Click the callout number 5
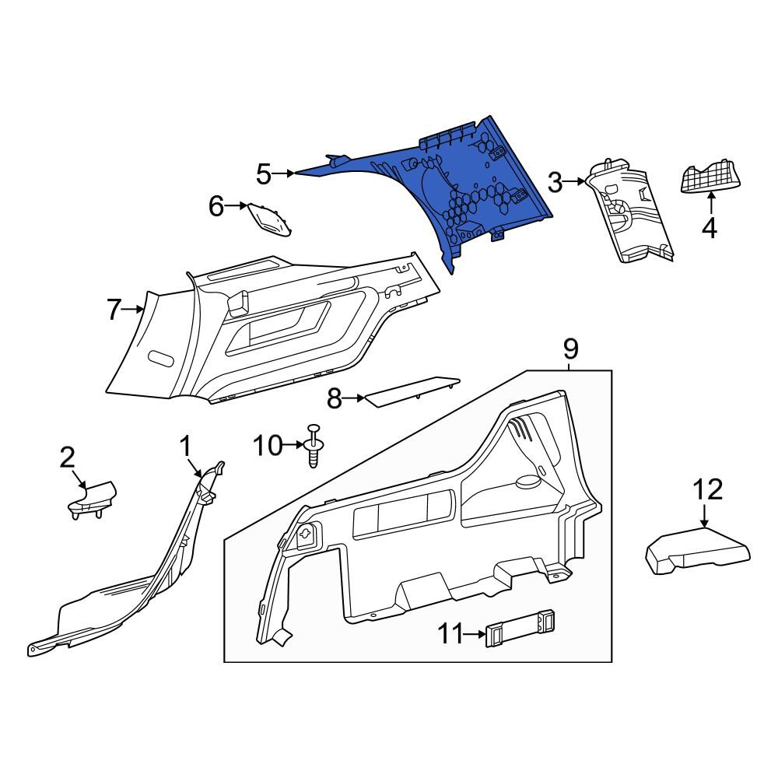[264, 174]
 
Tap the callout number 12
[707, 489]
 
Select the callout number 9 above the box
[570, 349]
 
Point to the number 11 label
[450, 633]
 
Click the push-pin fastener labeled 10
[314, 446]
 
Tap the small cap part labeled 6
[270, 219]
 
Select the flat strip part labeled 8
[412, 392]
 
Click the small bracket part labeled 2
[93, 499]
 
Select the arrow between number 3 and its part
[575, 182]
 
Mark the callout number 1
[185, 446]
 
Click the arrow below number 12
[703, 516]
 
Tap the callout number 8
[335, 398]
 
